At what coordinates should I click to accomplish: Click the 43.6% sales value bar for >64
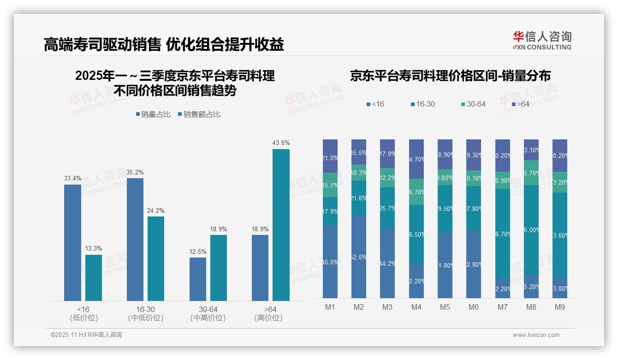click(x=281, y=225)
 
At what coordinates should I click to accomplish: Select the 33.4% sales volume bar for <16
click(x=72, y=243)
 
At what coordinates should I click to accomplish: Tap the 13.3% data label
click(x=94, y=248)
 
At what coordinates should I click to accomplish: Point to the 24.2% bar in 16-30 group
click(x=156, y=258)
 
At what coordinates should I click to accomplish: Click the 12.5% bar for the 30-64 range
click(x=198, y=279)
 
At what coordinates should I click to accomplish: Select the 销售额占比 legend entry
click(x=199, y=114)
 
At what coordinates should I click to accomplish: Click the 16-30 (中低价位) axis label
click(x=145, y=313)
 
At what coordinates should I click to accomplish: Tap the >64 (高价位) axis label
click(x=268, y=313)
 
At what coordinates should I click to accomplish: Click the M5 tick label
click(x=445, y=307)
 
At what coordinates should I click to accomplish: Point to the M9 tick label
click(x=560, y=307)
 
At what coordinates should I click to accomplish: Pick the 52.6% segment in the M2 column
click(x=359, y=257)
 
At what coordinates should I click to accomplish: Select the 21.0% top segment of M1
click(x=330, y=156)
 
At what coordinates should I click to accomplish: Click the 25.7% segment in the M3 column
click(x=387, y=208)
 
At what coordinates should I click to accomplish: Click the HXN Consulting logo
click(x=542, y=41)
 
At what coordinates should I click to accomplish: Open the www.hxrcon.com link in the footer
click(x=536, y=335)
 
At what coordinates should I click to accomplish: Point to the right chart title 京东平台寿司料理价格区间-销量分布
click(x=450, y=76)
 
